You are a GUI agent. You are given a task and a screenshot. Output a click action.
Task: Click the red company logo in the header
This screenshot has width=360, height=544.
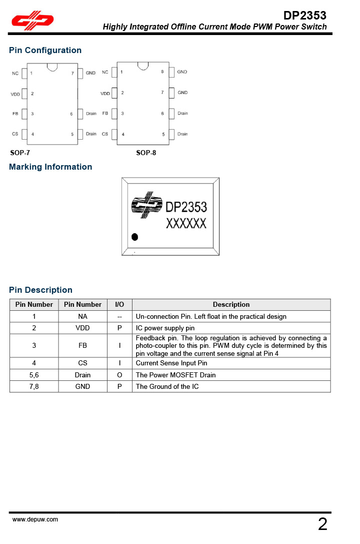[32, 21]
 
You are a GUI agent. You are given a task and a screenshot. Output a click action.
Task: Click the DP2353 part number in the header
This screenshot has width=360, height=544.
[304, 15]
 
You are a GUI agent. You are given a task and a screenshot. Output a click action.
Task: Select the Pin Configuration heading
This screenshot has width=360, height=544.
[45, 50]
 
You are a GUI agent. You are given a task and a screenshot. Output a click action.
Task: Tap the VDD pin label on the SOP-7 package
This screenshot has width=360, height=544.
[15, 94]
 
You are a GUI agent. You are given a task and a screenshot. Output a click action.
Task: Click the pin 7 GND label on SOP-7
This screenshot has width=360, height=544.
[90, 73]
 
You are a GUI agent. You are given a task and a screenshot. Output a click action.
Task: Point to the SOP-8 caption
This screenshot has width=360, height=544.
[146, 153]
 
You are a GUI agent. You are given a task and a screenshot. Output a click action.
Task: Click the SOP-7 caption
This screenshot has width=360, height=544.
[19, 153]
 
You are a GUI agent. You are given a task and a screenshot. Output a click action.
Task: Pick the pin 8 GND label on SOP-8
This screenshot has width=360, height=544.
[182, 72]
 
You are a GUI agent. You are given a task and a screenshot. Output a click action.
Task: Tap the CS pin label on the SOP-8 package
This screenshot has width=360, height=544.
[105, 134]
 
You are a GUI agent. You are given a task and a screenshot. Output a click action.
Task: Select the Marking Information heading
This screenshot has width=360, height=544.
[50, 167]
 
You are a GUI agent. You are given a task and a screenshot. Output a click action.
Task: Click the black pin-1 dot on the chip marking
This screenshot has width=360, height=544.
[134, 237]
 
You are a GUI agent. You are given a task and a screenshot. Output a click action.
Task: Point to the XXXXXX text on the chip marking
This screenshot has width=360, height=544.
[186, 224]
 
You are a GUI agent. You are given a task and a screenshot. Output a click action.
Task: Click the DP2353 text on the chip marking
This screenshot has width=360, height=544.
[186, 207]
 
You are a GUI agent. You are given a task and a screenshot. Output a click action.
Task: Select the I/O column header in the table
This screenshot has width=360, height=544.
[119, 304]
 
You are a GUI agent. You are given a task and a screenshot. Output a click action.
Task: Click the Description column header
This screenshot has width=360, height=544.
[231, 304]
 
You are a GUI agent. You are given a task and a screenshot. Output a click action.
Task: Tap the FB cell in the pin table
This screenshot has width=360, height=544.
[83, 345]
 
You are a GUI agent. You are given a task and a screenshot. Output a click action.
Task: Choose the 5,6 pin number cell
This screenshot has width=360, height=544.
[34, 375]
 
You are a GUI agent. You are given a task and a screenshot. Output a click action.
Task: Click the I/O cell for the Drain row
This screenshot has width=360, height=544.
[119, 375]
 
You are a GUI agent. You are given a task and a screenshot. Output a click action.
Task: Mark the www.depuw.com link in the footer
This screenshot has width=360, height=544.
[35, 519]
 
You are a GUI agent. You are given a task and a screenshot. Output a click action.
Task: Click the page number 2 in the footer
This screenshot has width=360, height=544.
[322, 524]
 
